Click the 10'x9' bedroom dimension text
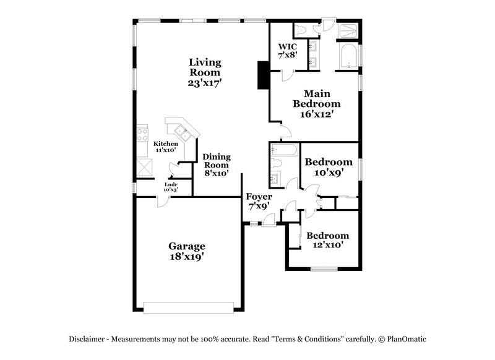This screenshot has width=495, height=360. tap(329, 173)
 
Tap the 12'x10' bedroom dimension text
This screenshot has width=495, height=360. tap(328, 245)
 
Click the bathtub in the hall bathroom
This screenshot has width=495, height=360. tap(284, 149)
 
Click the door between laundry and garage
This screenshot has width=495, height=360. tap(160, 200)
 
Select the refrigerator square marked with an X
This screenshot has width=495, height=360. tap(144, 167)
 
